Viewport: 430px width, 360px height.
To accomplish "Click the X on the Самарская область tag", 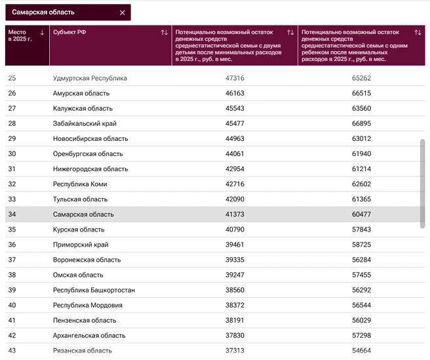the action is coord(123,12).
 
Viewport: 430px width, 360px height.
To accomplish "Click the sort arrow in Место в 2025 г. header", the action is coord(42,33).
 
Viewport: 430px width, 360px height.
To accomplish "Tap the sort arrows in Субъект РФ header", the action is coord(165,33).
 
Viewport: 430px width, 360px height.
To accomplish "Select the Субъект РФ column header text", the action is coord(69,32).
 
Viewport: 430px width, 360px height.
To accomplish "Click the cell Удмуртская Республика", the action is coord(90,78).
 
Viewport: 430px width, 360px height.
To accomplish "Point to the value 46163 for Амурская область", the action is coord(235,93).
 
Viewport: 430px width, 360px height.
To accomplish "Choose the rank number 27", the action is coord(12,108).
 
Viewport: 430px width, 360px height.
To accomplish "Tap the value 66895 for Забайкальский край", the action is coord(361,123).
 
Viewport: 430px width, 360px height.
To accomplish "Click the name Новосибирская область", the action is coord(90,138).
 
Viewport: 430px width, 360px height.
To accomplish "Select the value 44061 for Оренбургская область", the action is coord(235,153).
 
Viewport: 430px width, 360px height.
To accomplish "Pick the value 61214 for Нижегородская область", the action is coord(361,169).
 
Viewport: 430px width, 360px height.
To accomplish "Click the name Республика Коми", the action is coord(80,184).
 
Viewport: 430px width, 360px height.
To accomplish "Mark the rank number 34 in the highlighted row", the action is coord(12,214).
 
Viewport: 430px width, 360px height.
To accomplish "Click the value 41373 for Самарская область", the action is coord(235,214).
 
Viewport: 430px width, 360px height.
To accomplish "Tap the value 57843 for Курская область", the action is coord(361,230).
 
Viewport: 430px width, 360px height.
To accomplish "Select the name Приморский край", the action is coord(81,245).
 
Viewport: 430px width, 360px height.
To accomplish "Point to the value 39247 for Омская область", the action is coord(235,275).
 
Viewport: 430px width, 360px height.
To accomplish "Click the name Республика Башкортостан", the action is coord(94,290).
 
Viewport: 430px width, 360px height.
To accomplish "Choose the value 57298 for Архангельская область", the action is coord(361,335).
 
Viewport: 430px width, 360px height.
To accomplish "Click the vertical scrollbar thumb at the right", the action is coord(423,184).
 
